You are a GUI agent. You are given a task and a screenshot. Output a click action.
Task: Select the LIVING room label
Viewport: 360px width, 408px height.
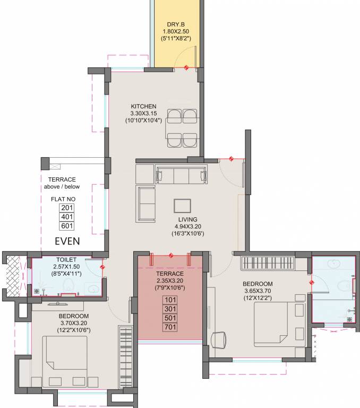pyautogui.click(x=187, y=219)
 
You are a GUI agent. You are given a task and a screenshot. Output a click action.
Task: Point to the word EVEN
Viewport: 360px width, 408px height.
pyautogui.click(x=67, y=241)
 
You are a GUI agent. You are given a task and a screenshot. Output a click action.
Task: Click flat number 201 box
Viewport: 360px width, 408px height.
pyautogui.click(x=67, y=208)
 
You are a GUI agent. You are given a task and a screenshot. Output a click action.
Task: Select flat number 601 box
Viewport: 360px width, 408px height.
pyautogui.click(x=67, y=226)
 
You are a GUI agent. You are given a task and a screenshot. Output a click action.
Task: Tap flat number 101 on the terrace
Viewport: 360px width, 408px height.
pyautogui.click(x=170, y=299)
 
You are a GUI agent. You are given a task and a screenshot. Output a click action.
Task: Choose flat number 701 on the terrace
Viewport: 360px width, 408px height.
pyautogui.click(x=170, y=327)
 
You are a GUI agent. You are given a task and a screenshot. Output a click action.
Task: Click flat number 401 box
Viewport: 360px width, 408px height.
pyautogui.click(x=67, y=217)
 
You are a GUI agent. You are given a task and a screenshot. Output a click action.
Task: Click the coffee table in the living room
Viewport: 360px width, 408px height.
pyautogui.click(x=182, y=206)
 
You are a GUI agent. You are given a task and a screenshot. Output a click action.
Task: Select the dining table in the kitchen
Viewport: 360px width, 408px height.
pyautogui.click(x=182, y=129)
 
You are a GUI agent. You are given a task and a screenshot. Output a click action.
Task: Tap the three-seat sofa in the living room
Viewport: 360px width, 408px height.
pyautogui.click(x=181, y=175)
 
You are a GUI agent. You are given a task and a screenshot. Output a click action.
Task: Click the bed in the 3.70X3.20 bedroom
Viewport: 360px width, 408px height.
pyautogui.click(x=65, y=361)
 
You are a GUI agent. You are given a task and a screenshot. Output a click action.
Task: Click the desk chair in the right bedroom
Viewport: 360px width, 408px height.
pyautogui.click(x=218, y=339)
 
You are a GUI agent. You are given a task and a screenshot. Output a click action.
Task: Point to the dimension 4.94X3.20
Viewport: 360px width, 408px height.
pyautogui.click(x=187, y=226)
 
